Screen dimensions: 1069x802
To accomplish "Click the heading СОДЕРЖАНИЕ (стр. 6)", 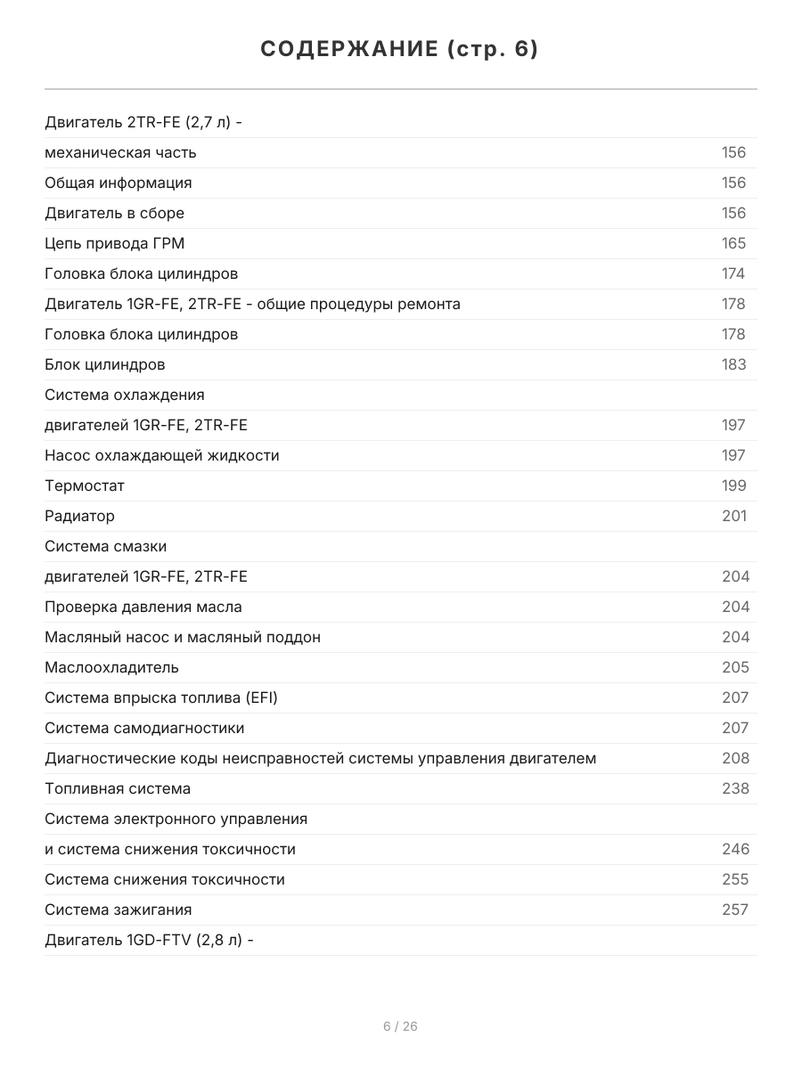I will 400,49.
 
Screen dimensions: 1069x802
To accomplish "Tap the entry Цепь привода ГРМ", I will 115,243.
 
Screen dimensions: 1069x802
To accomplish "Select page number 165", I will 733,243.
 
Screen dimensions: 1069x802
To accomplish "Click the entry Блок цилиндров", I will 105,364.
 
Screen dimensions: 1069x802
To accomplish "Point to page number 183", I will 733,364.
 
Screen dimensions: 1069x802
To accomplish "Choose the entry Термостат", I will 85,486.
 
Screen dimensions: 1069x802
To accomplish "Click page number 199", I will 733,486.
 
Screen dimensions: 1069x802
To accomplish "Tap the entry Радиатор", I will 80,516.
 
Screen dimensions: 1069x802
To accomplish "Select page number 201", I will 733,516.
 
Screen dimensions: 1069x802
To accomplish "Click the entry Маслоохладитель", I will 111,667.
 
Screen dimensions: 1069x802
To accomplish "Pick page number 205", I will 735,667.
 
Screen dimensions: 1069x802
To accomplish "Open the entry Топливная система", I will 118,788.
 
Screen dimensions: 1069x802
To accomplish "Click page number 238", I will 735,788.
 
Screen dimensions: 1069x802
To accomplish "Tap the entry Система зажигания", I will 119,910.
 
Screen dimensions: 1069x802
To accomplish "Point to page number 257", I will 735,910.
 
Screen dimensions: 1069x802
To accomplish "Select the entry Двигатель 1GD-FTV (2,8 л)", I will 150,940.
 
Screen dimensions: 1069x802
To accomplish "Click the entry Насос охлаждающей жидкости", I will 162,455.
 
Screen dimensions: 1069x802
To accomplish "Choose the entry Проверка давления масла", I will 143,607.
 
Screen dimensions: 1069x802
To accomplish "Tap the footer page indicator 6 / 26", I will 400,1026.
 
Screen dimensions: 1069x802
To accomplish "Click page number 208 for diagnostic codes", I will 735,758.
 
